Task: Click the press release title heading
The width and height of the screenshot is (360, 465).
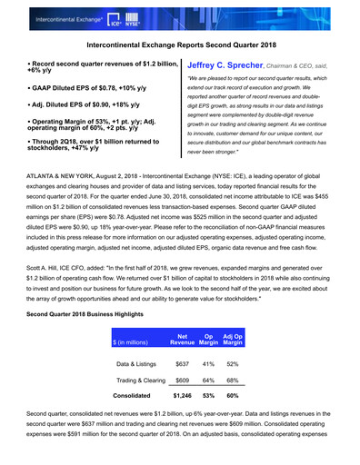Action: tap(180, 43)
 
